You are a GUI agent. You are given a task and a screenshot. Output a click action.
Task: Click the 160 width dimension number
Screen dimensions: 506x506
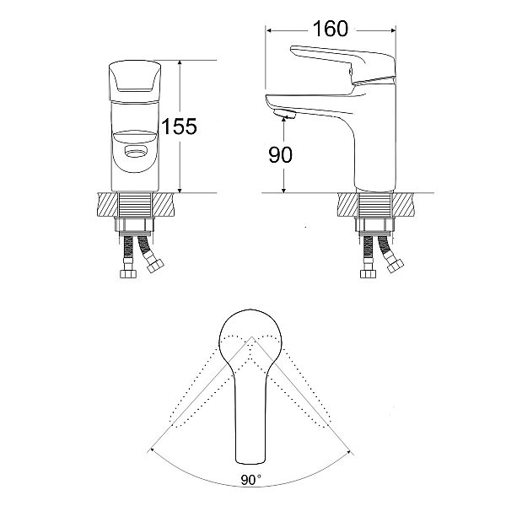330,29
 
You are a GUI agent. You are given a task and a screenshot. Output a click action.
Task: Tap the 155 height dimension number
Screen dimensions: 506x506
179,126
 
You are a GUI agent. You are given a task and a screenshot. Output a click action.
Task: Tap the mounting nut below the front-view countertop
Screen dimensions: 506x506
135,227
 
